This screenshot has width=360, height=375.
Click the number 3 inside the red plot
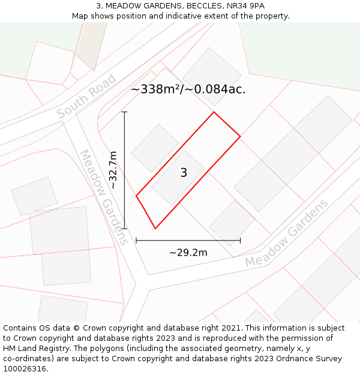click(184, 173)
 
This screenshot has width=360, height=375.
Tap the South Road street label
click(86, 95)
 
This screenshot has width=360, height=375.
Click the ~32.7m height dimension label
click(113, 170)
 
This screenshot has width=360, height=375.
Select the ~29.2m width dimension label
click(188, 253)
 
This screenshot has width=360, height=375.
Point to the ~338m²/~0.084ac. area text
click(188, 89)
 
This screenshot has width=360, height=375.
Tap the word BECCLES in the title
click(193, 6)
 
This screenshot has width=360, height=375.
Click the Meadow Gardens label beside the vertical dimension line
click(103, 197)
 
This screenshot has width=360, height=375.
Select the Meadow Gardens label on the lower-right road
click(287, 233)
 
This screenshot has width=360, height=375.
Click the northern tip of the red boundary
click(214, 112)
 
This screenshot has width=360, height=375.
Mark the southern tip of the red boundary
click(155, 229)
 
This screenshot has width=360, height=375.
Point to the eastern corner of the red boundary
click(240, 136)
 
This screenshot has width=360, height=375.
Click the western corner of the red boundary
click(136, 196)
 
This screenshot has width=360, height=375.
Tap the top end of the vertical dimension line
click(124, 112)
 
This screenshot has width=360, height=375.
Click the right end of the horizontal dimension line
click(240, 241)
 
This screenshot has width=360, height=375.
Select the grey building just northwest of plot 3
click(155, 148)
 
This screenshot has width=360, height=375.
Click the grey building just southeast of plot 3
click(232, 222)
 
